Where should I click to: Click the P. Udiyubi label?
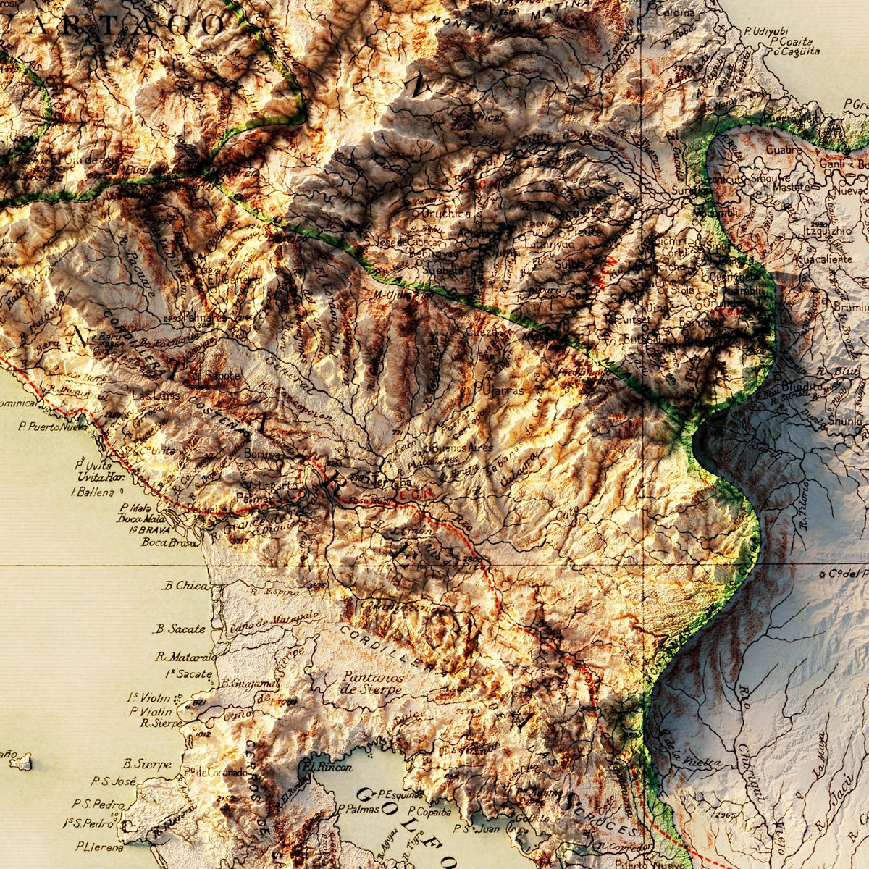pyautogui.click(x=765, y=31)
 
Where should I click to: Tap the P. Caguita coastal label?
pyautogui.click(x=795, y=51)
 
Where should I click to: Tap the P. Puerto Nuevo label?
pyautogui.click(x=53, y=428)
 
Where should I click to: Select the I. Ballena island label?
pyautogui.click(x=93, y=492)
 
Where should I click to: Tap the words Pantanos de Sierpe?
pyautogui.click(x=370, y=683)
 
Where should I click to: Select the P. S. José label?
pyautogui.click(x=114, y=781)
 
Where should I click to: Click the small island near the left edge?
pyautogui.click(x=21, y=761)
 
